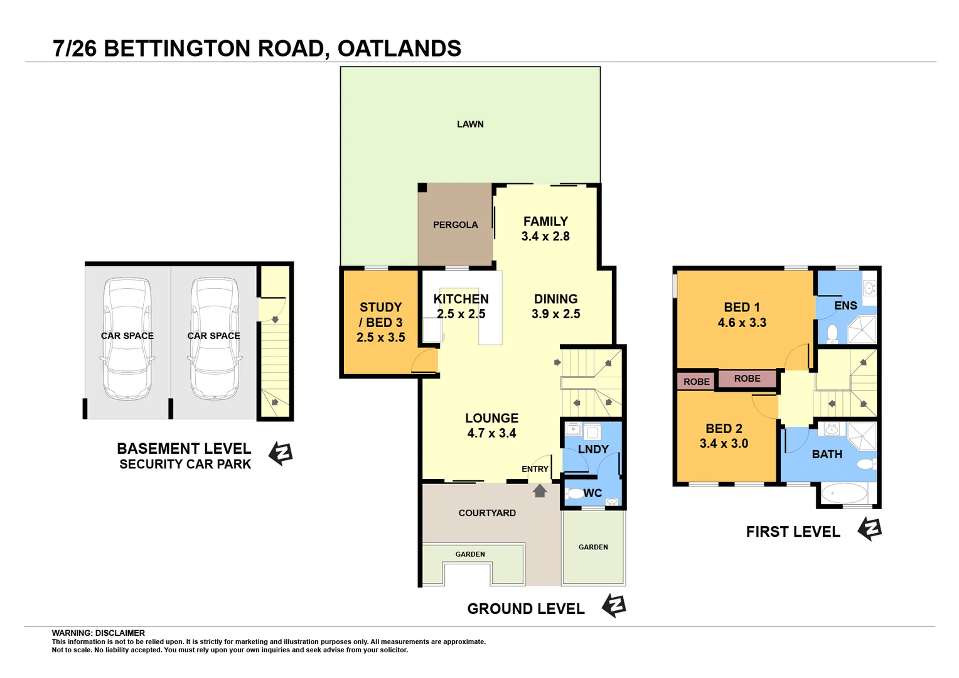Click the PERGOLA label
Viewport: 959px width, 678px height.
click(x=455, y=225)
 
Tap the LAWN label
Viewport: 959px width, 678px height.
click(x=470, y=124)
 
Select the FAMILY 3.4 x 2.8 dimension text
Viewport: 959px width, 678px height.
click(x=545, y=237)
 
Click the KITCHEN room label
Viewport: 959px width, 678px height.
click(x=461, y=299)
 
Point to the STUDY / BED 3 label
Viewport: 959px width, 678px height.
click(x=380, y=315)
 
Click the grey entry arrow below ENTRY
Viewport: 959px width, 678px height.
click(x=540, y=490)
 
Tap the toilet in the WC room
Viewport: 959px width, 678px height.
click(x=574, y=493)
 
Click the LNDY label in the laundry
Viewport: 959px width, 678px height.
click(x=593, y=449)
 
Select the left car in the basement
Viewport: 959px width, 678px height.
click(x=127, y=339)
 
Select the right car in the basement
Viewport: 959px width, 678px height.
click(x=214, y=339)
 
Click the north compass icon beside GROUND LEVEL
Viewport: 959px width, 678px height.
click(x=614, y=606)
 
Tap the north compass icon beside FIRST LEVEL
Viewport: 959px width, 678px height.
click(x=870, y=529)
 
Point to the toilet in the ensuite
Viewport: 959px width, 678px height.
click(x=832, y=333)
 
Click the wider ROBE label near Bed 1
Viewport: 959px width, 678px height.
click(x=747, y=379)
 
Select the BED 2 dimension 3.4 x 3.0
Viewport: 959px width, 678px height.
click(x=724, y=444)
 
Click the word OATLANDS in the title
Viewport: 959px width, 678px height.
click(x=399, y=48)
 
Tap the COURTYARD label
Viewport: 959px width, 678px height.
click(x=487, y=513)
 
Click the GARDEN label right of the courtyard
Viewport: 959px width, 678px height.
click(x=593, y=547)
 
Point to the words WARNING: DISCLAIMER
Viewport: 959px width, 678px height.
click(x=98, y=633)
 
